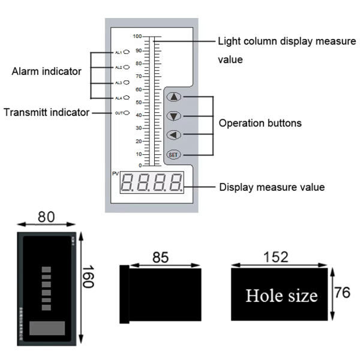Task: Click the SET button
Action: (x=173, y=155)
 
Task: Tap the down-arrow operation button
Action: (x=173, y=116)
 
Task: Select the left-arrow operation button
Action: (x=173, y=135)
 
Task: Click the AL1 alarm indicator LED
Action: (x=127, y=53)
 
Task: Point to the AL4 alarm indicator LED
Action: (x=127, y=97)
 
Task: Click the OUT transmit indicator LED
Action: (x=127, y=113)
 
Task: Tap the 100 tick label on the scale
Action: (x=137, y=37)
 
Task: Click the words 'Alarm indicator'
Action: (x=46, y=72)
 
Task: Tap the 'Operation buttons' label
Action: (x=260, y=124)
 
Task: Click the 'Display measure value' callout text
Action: (x=272, y=187)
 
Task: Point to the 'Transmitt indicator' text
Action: (x=46, y=112)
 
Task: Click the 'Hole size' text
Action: (x=281, y=296)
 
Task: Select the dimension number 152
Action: (x=277, y=257)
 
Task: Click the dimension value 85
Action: (x=161, y=257)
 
